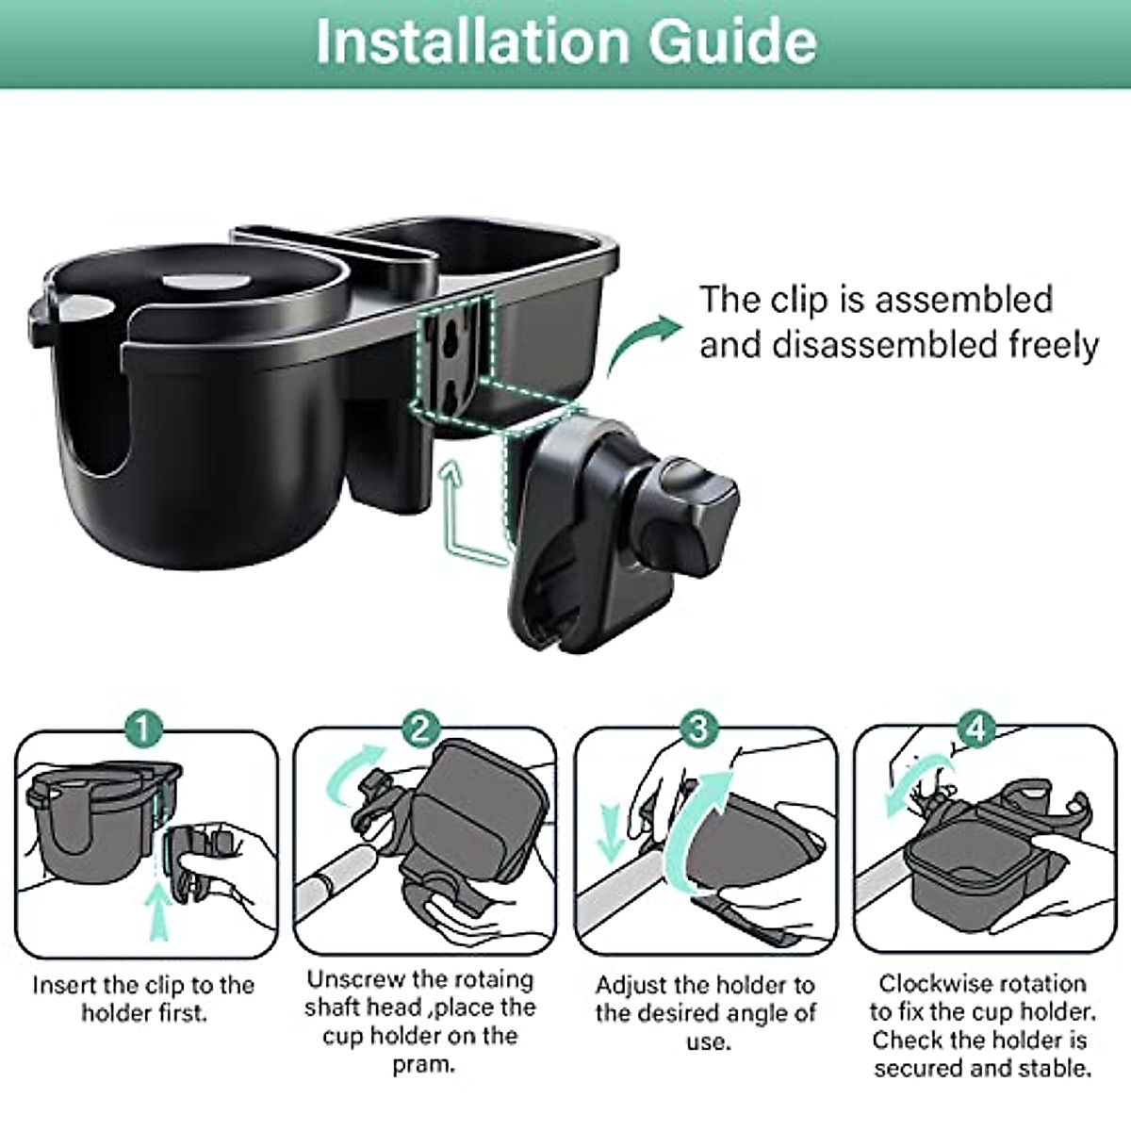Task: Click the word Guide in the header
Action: click(732, 41)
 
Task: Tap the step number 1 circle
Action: click(143, 729)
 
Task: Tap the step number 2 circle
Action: click(421, 729)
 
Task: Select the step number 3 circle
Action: click(699, 729)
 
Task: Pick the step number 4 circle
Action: click(977, 729)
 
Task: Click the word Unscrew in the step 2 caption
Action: click(357, 980)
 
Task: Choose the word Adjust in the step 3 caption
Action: click(633, 986)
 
